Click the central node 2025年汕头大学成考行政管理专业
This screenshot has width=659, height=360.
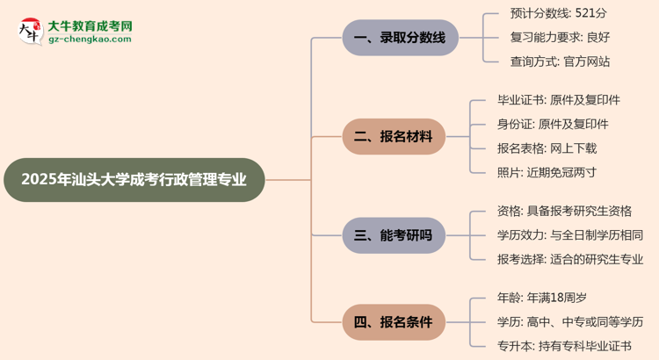click(134, 180)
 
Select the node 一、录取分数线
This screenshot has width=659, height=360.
click(400, 38)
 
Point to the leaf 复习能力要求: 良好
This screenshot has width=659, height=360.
click(561, 38)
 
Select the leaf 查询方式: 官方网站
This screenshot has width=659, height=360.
click(559, 61)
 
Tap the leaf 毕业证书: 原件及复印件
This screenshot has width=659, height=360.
click(559, 100)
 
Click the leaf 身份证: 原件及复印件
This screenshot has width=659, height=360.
click(552, 124)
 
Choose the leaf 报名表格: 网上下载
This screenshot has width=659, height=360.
click(546, 148)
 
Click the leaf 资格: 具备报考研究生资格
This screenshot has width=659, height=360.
click(563, 211)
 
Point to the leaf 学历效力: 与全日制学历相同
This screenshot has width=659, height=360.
click(569, 234)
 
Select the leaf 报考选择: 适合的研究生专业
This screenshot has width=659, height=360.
click(569, 258)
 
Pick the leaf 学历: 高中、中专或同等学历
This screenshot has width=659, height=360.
click(569, 321)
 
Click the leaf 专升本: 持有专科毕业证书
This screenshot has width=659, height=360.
click(563, 346)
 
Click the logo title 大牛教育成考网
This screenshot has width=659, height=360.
click(90, 27)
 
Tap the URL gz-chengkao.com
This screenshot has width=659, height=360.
click(90, 40)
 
